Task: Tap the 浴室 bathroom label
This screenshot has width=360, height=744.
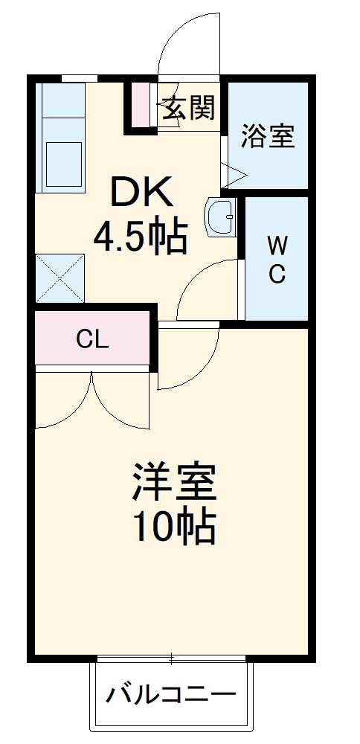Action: [x=268, y=136]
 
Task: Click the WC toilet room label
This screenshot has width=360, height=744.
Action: [x=277, y=259]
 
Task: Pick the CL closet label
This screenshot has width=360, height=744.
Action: [x=93, y=339]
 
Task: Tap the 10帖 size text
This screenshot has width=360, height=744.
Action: [x=175, y=527]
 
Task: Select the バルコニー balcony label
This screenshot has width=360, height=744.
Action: [x=170, y=696]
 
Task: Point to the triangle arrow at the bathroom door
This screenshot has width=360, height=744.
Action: [x=235, y=176]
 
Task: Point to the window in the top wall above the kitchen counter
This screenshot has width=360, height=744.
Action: [x=79, y=77]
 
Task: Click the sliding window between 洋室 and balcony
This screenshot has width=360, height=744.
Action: [x=171, y=658]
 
